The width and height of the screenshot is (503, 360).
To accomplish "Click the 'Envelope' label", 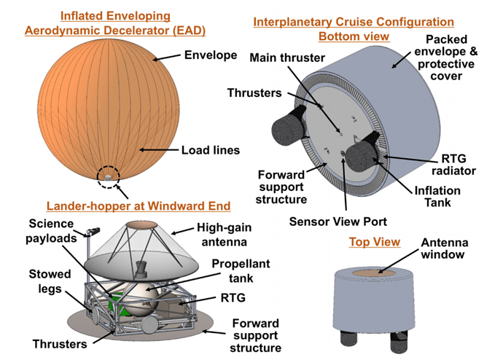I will tap(211, 55).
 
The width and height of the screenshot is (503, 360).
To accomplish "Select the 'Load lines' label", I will tap(211, 151).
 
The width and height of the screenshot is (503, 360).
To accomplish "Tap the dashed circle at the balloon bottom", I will tap(109, 176).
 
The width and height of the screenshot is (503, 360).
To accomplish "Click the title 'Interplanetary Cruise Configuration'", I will tap(354, 23).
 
